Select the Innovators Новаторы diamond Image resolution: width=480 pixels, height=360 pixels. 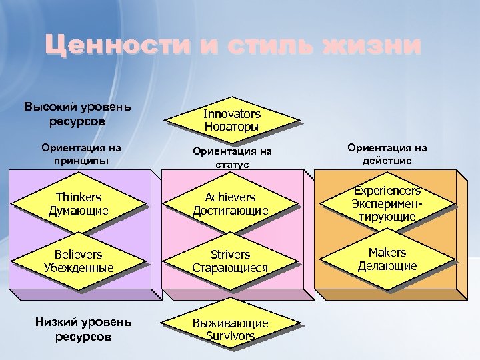[232, 120]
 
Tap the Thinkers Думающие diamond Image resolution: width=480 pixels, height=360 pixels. [79, 204]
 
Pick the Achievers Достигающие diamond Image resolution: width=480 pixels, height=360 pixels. [230, 204]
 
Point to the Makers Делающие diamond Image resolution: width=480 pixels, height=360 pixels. [387, 259]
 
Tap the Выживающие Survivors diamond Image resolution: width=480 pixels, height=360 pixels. [230, 329]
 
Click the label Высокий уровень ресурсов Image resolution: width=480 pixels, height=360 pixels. [77, 114]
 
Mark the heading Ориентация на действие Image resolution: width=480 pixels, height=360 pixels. [387, 155]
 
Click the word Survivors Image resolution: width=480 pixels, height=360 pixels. [230, 336]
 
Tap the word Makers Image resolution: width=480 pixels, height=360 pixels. [387, 253]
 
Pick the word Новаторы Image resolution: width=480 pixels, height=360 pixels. [232, 127]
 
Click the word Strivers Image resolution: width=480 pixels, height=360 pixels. [230, 255]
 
